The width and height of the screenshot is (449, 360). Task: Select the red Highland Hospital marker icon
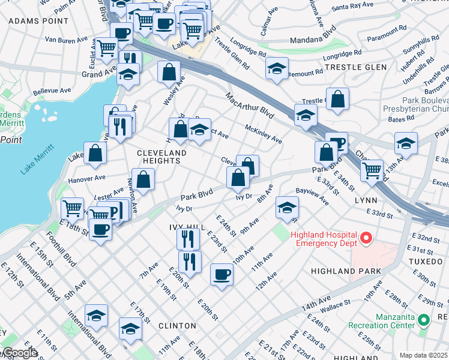click(x=364, y=240)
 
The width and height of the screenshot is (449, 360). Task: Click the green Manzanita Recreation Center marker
click(x=424, y=320)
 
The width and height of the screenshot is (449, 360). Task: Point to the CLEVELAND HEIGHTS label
click(x=162, y=154)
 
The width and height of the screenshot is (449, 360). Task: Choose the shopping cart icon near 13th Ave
click(x=372, y=170)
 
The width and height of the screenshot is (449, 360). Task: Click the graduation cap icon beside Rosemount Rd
click(x=276, y=68)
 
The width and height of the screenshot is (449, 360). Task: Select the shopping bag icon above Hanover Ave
click(x=95, y=153)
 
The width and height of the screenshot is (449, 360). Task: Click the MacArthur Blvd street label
click(x=250, y=105)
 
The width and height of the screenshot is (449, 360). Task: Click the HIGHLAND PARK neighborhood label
click(x=346, y=271)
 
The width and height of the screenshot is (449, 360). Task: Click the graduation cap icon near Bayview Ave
click(x=287, y=208)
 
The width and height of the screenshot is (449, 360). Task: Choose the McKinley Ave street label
click(x=264, y=134)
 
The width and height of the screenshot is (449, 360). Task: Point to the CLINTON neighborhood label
click(x=177, y=325)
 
